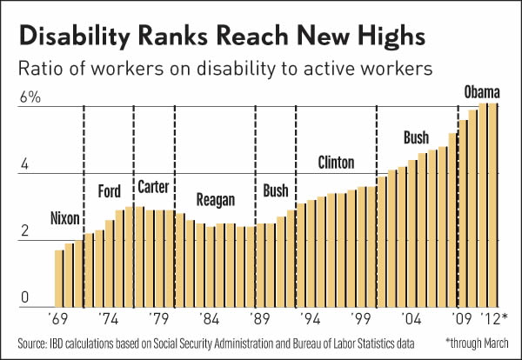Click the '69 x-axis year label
coord(60,319)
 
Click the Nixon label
coord(68,217)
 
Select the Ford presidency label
coord(110,190)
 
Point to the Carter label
coord(153,188)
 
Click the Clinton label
coord(337,163)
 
